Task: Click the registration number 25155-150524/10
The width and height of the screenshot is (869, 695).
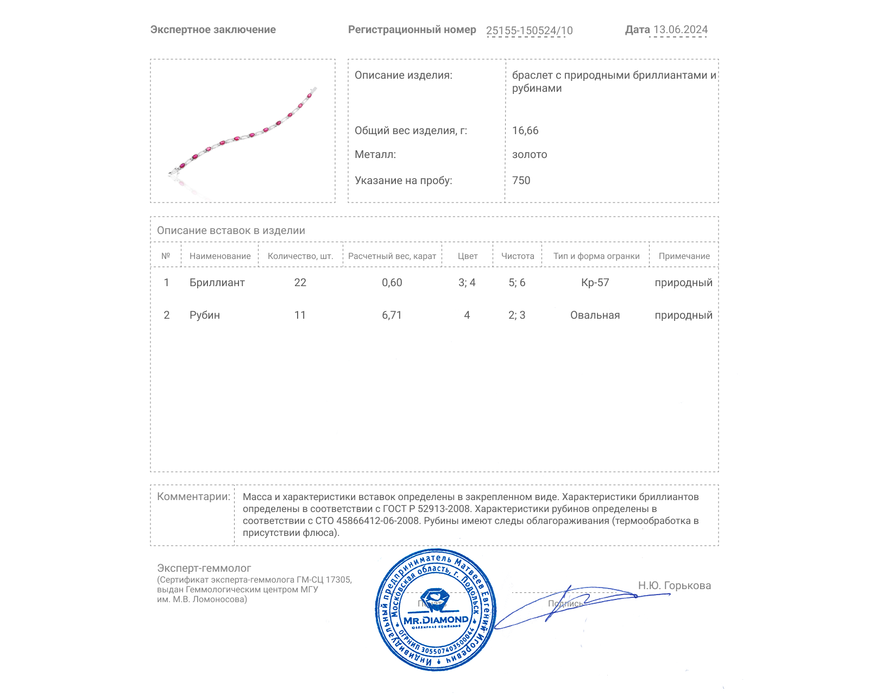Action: click(x=529, y=30)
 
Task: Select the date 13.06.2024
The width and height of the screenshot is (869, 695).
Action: click(x=680, y=30)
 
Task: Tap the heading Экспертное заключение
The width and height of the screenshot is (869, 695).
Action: click(x=213, y=30)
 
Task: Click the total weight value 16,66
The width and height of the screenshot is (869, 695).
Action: click(x=525, y=130)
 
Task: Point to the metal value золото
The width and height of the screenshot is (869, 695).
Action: click(x=530, y=154)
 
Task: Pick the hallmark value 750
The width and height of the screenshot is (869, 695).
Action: click(x=521, y=180)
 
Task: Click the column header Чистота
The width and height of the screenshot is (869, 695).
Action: click(x=518, y=256)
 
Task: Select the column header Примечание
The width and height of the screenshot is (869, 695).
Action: click(x=684, y=256)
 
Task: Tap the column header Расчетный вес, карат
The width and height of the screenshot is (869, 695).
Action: click(x=392, y=256)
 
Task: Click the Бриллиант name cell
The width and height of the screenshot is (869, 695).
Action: click(x=217, y=282)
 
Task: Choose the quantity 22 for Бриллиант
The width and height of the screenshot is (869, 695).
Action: click(x=300, y=282)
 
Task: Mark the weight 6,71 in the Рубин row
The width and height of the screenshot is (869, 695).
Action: click(x=392, y=315)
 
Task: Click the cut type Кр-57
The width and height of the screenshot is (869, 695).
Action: click(x=595, y=282)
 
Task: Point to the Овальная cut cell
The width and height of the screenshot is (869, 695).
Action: click(x=595, y=315)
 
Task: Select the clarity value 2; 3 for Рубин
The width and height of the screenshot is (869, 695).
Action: click(x=517, y=315)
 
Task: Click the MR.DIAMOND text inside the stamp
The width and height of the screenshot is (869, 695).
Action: click(x=436, y=620)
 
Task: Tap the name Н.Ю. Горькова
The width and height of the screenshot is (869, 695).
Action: click(x=674, y=585)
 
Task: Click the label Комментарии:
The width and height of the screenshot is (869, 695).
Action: click(x=193, y=496)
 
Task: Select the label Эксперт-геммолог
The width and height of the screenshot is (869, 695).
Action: click(x=204, y=568)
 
